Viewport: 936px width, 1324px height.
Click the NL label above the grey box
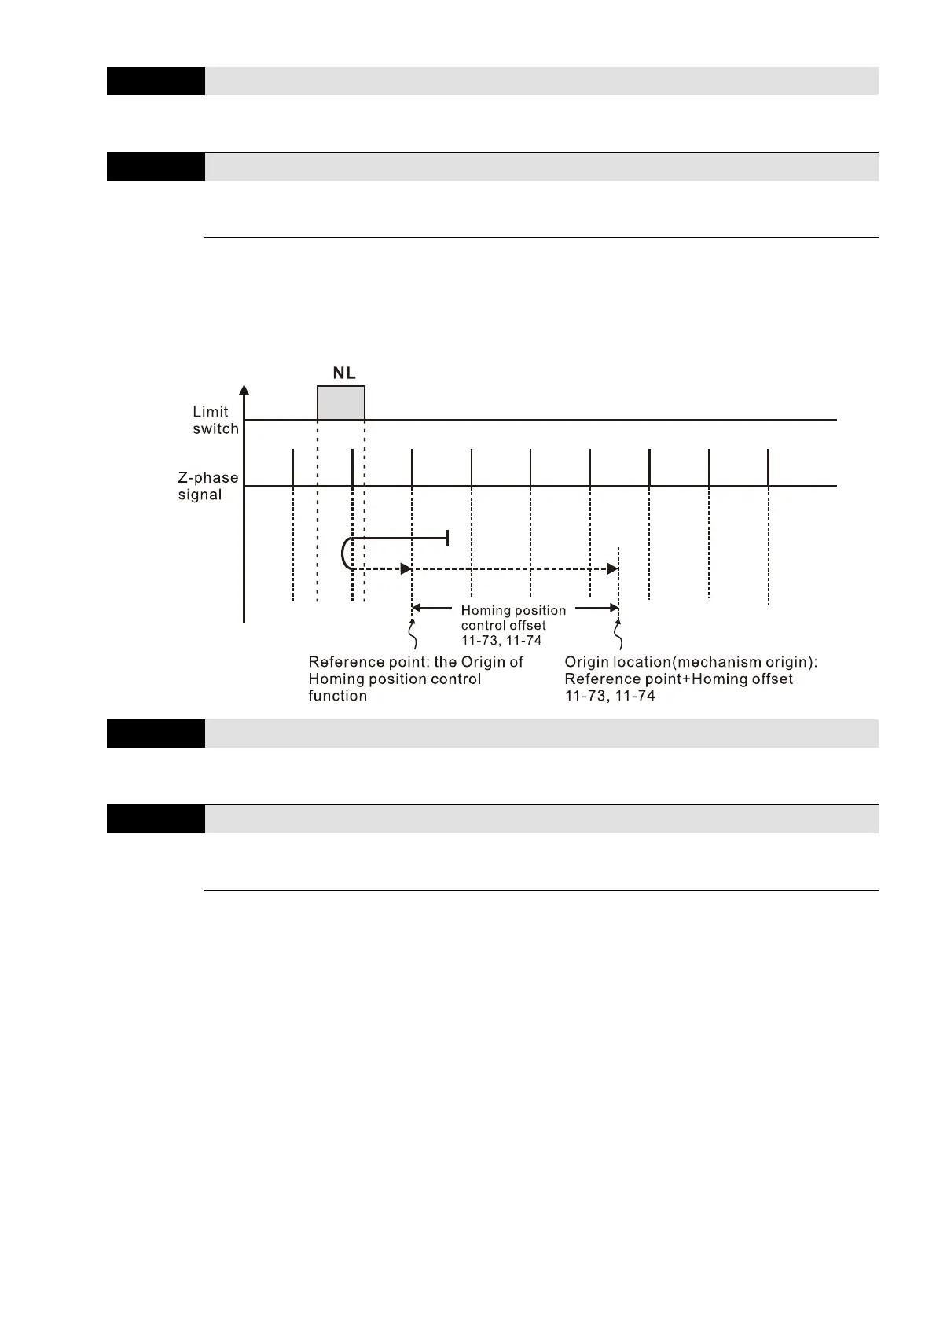pyautogui.click(x=344, y=373)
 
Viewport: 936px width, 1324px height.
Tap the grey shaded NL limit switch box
pyautogui.click(x=341, y=403)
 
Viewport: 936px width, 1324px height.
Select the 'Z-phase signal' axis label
pyautogui.click(x=208, y=486)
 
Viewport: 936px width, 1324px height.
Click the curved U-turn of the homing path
pyautogui.click(x=345, y=554)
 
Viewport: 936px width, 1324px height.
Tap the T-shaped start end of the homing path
pyautogui.click(x=447, y=538)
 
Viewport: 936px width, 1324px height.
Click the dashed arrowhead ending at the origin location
pyautogui.click(x=612, y=568)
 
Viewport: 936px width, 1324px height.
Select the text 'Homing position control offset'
pyautogui.click(x=513, y=618)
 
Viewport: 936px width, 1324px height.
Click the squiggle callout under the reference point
pyautogui.click(x=413, y=634)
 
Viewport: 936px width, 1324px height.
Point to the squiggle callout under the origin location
pyautogui.click(x=620, y=634)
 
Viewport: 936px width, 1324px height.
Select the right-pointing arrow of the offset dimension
pyautogui.click(x=612, y=608)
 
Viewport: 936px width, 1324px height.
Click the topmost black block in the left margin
pyautogui.click(x=156, y=81)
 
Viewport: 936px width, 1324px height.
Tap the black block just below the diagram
pyautogui.click(x=156, y=734)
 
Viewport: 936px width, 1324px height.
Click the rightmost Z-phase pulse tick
pyautogui.click(x=768, y=467)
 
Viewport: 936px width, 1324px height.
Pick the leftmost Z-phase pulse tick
pyautogui.click(x=293, y=467)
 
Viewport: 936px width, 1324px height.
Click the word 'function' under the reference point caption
pyautogui.click(x=337, y=696)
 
